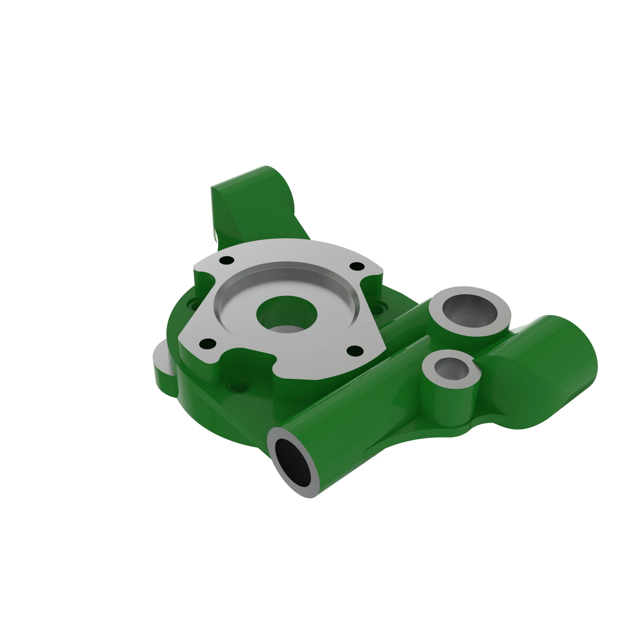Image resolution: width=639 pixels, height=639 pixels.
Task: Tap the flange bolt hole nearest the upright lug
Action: click(x=227, y=260)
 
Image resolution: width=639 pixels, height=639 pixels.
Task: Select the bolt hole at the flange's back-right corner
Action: click(x=357, y=266)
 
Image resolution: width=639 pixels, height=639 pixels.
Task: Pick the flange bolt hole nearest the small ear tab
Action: click(x=208, y=344)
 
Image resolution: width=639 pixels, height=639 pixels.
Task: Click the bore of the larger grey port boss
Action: click(x=469, y=310)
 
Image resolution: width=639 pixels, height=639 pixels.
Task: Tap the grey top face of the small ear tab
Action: click(x=161, y=356)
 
